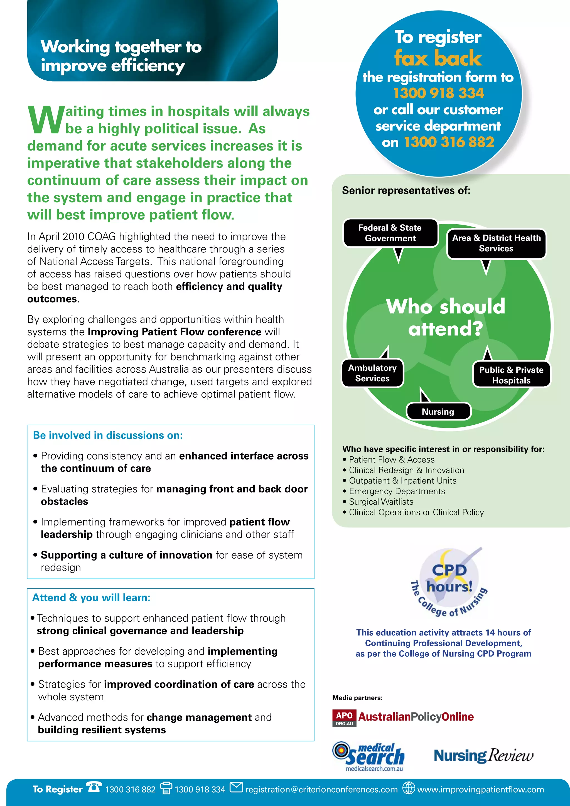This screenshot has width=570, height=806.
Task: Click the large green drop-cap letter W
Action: pos(46,120)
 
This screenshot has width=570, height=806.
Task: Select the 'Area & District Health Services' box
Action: pos(496,243)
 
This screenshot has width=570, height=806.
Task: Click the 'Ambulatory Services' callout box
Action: pos(372,373)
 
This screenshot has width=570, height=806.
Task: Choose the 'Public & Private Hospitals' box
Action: pos(511,375)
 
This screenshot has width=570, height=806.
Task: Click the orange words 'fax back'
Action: pos(438,58)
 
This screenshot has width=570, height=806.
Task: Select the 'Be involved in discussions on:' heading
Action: pos(108,436)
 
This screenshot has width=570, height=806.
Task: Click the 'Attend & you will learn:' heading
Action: pos(91,598)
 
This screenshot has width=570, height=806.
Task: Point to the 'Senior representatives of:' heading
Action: pos(406,191)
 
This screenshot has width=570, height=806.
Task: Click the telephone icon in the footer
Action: pos(94,787)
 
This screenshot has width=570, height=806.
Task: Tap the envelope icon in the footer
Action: pos(236,787)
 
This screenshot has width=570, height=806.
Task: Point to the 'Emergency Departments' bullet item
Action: pos(397,492)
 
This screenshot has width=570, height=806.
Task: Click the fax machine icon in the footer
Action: pos(166,788)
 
